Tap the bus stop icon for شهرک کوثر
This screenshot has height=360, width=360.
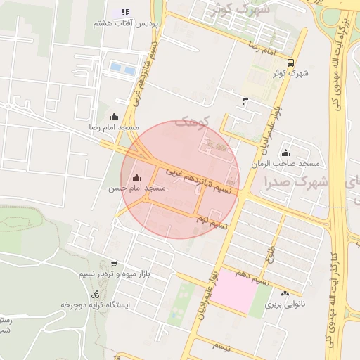290,61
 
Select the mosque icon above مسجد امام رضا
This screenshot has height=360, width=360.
115,116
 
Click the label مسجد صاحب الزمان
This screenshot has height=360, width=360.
285,163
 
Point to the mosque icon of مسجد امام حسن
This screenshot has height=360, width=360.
136,178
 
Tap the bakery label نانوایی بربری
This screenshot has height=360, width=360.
284,306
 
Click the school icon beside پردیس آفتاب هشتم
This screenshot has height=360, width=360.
126,12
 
